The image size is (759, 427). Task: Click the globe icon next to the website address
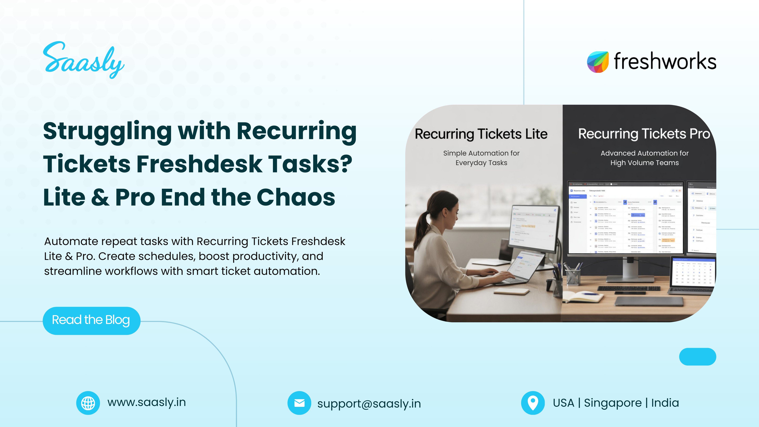point(88,403)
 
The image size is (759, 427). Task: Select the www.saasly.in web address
point(146,402)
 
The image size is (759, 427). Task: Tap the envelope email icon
point(299,403)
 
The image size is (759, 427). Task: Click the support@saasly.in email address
point(369,403)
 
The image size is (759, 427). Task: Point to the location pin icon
point(533,403)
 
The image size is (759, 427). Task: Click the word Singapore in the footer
point(613,403)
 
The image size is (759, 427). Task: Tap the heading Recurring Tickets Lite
point(481,134)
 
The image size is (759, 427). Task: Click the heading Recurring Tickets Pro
point(644,134)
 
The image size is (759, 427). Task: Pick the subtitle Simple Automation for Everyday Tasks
point(481,158)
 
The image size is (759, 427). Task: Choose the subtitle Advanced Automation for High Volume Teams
point(644,158)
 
